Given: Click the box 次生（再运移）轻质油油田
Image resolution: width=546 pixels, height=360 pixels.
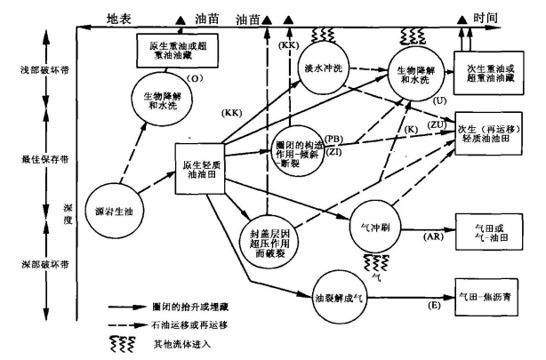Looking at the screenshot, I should [490, 133].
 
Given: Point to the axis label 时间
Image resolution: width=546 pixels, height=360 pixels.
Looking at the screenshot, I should [510, 18].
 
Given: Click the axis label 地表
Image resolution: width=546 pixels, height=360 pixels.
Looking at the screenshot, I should [119, 18].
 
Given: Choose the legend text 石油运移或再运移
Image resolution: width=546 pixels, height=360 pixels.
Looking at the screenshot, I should [195, 324].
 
